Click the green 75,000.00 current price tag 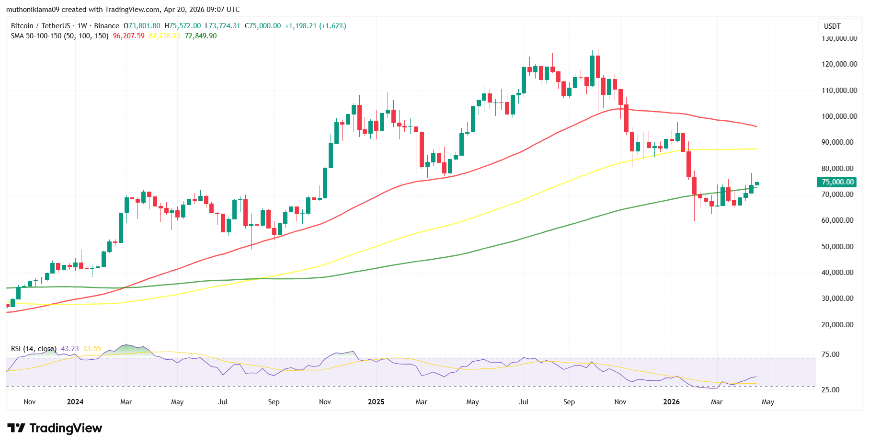(836, 182)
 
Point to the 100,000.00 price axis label (839, 116)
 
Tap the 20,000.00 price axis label (839, 325)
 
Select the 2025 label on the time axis (376, 402)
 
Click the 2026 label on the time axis (671, 402)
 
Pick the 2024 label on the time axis (75, 402)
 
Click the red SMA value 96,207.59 (128, 36)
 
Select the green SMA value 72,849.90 (201, 36)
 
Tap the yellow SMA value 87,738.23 (164, 36)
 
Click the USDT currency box (832, 26)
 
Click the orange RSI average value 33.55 (92, 349)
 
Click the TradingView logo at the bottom (55, 428)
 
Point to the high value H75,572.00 (183, 26)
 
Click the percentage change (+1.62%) (332, 26)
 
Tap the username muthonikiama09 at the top (33, 10)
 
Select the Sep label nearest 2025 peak (569, 402)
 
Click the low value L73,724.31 (222, 26)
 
